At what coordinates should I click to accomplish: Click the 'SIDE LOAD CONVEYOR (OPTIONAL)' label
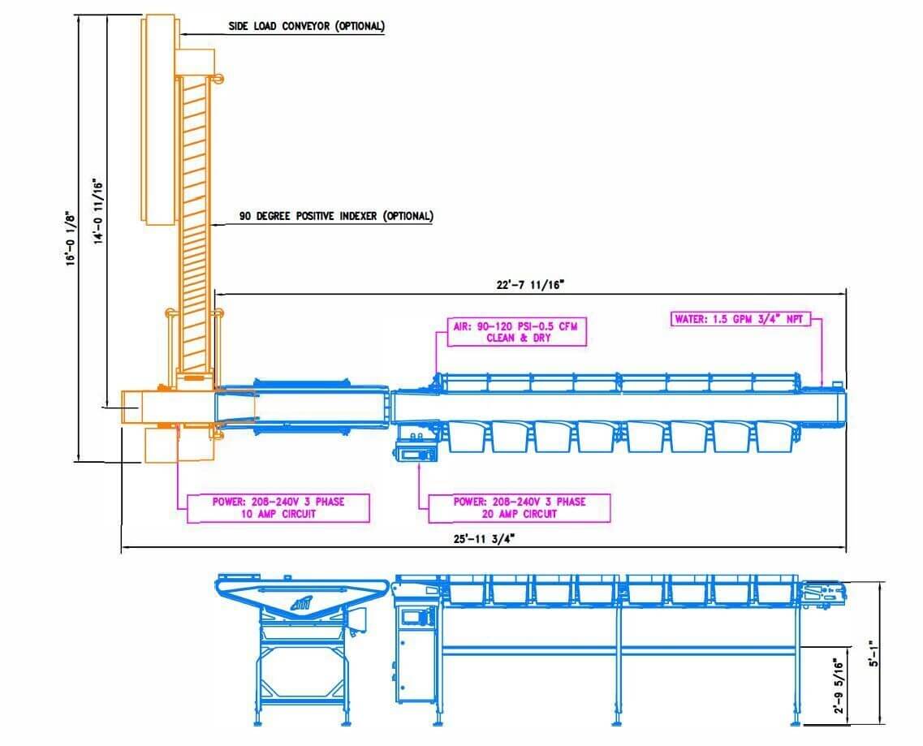[x=306, y=26]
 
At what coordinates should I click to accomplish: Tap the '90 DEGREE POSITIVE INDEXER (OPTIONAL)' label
[x=336, y=216]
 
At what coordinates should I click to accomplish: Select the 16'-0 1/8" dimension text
[x=71, y=238]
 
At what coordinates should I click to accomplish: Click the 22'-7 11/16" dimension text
[x=530, y=285]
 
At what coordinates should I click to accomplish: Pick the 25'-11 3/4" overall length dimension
[x=485, y=539]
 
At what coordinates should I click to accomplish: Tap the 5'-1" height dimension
[x=875, y=653]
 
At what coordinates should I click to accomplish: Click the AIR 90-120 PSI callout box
[x=516, y=332]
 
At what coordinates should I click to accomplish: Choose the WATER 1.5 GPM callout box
[x=740, y=319]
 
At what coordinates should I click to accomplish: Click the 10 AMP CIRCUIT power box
[x=278, y=508]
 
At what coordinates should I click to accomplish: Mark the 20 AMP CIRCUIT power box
[x=520, y=508]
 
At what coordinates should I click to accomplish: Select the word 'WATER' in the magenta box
[x=690, y=319]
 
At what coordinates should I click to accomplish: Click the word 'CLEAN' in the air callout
[x=501, y=338]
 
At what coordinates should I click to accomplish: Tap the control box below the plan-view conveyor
[x=416, y=454]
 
